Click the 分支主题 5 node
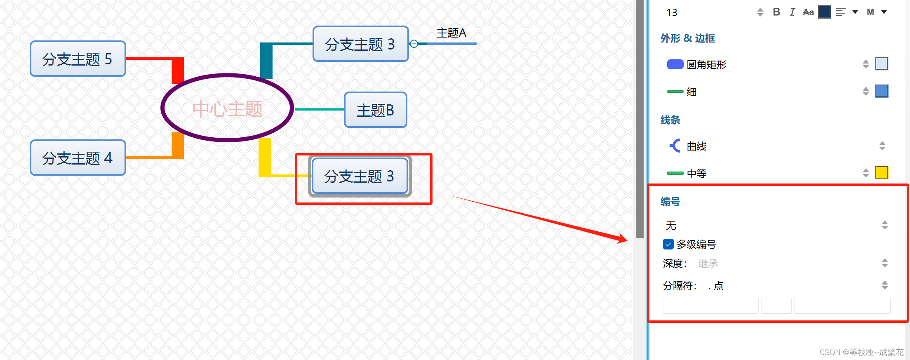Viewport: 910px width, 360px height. [78, 59]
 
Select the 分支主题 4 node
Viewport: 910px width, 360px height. [78, 158]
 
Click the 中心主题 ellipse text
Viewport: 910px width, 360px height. [227, 109]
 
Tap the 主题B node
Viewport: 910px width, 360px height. [375, 110]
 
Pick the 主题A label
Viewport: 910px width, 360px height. [451, 33]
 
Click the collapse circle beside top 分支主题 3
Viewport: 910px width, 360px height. [414, 44]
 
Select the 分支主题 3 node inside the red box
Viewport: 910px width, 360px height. [360, 176]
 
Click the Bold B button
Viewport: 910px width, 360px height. [776, 12]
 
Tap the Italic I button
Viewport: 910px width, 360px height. [792, 12]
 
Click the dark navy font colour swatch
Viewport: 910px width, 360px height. [824, 12]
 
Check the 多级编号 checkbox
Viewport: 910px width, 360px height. [668, 245]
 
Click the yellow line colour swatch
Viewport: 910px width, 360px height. [882, 173]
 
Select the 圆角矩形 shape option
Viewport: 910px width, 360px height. [706, 65]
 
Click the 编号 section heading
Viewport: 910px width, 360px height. [670, 202]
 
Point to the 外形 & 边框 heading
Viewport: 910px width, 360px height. [688, 38]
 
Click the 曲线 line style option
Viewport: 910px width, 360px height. [696, 146]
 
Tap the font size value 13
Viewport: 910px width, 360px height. [672, 13]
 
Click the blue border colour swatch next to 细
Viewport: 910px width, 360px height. [882, 91]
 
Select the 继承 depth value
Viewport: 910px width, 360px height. [708, 264]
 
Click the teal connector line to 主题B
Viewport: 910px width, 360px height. [320, 109]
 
